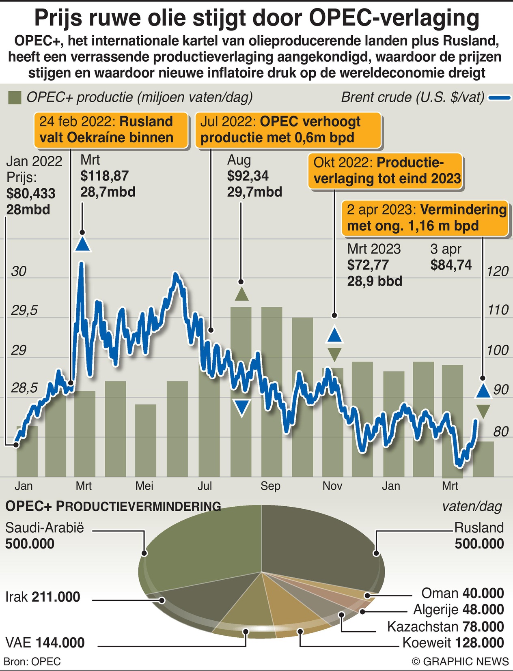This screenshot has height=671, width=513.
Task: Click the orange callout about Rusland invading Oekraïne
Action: coord(110,130)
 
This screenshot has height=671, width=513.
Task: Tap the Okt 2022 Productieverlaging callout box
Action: coord(385,171)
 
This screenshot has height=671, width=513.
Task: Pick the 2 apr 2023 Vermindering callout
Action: coord(425,218)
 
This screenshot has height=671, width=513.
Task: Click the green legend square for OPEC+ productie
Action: coord(15,98)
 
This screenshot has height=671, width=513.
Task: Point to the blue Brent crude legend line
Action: coord(499,98)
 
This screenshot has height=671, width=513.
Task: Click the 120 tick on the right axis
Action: coord(497,271)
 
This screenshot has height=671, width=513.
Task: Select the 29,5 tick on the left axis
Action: coord(24,311)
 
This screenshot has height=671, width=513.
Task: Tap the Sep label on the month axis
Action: coord(270,486)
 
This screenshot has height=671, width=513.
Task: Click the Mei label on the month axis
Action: coord(144,486)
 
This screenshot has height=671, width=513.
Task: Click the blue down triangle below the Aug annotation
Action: coord(242,407)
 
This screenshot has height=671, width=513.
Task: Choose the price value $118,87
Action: coord(104,176)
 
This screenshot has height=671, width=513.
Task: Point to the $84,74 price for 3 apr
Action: coord(451,265)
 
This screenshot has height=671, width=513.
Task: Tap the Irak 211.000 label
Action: coord(43,597)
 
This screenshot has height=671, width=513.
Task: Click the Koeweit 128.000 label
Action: coord(453,643)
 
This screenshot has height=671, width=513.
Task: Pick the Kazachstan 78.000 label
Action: coord(445,627)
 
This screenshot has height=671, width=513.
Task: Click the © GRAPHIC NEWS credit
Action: coord(460,662)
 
